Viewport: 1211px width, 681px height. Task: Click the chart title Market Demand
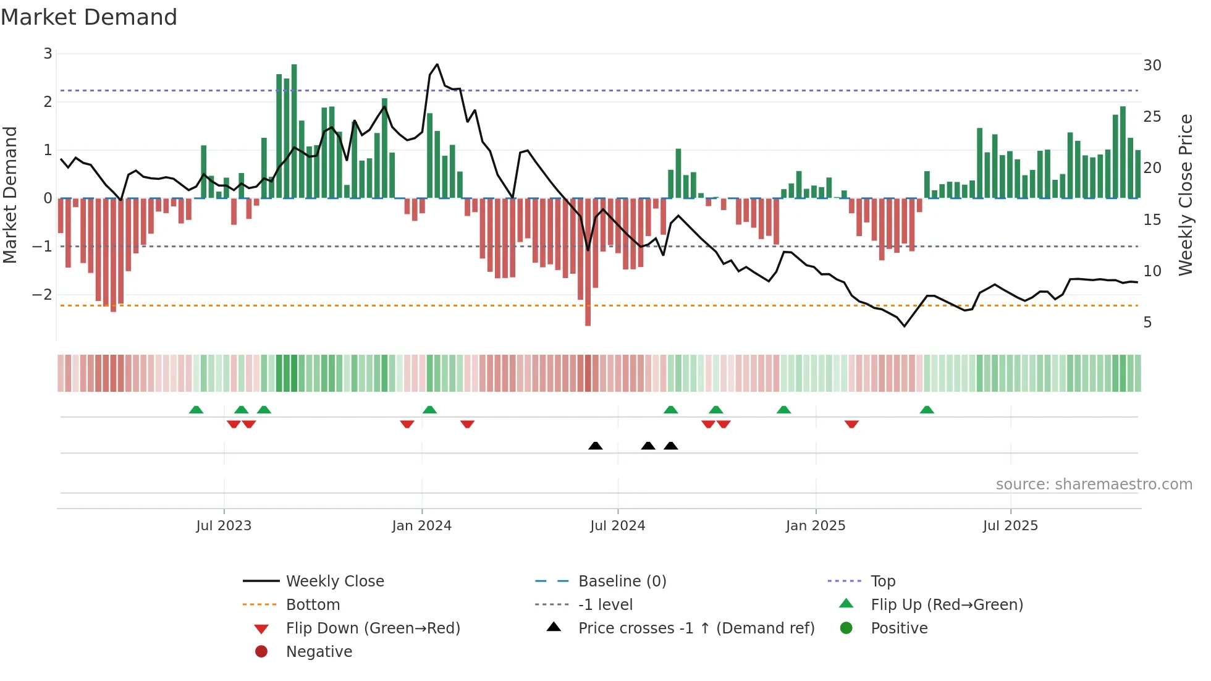coord(89,17)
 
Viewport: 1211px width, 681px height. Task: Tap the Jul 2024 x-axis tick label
coord(617,526)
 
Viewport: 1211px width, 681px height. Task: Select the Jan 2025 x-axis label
coord(815,526)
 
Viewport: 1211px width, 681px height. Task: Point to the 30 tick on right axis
coord(1152,66)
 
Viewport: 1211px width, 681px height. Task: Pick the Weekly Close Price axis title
coord(1185,195)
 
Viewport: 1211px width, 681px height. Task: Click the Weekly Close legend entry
coord(334,582)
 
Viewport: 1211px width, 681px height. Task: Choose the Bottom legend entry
coord(313,605)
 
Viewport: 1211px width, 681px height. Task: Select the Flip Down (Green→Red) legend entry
coord(373,628)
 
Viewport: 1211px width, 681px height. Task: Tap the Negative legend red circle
coord(261,652)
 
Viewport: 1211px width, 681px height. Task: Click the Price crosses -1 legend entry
coord(696,628)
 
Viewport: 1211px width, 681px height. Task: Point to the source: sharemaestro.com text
coord(1094,484)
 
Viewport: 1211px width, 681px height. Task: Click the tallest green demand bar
coord(294,131)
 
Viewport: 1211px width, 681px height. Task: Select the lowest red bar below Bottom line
coord(588,262)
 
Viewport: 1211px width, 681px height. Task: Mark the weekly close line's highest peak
coord(437,64)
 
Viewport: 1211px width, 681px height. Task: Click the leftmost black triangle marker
coord(595,446)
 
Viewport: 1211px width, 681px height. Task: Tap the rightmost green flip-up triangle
coord(926,410)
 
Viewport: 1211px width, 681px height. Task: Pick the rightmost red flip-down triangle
coord(851,424)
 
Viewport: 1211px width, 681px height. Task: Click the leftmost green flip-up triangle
coord(196,410)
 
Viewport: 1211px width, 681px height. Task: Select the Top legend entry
coord(882,582)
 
